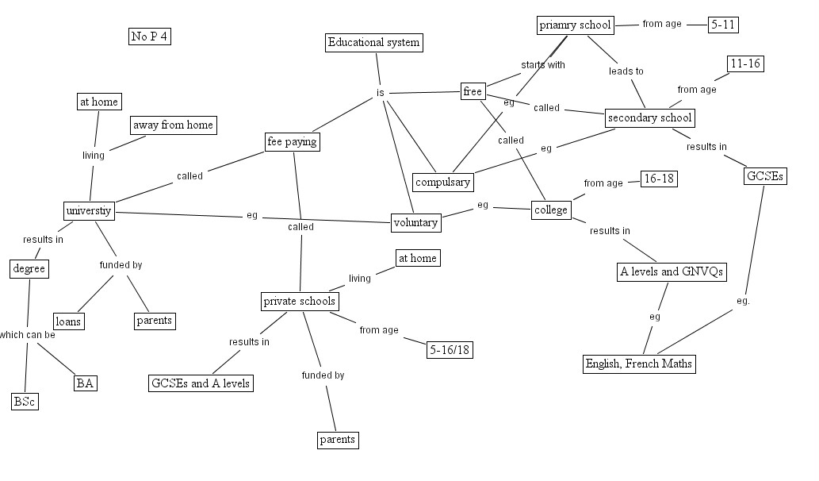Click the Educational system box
tap(374, 42)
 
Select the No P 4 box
tap(150, 36)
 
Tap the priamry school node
tap(575, 25)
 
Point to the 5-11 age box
tap(723, 25)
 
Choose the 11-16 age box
tap(745, 63)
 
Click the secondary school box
tap(650, 118)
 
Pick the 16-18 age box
tap(659, 179)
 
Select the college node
tap(551, 210)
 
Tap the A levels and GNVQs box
tap(672, 272)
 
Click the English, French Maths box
tap(639, 364)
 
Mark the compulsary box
tap(443, 182)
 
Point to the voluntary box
tap(415, 223)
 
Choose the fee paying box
tap(292, 142)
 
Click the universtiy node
tap(89, 210)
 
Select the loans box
tap(68, 321)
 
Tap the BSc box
tap(25, 402)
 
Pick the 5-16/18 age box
tap(450, 350)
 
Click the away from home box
tap(173, 125)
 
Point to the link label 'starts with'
tap(543, 65)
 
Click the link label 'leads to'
tap(626, 71)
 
